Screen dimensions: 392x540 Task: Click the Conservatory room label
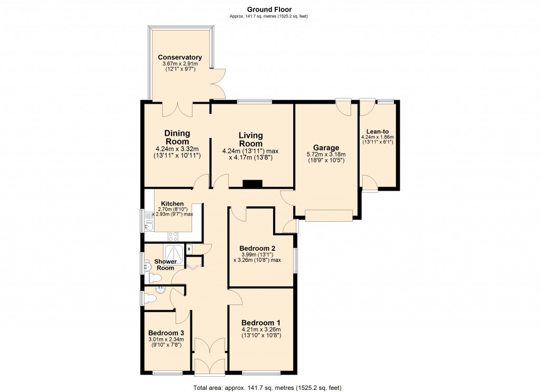pos(180,57)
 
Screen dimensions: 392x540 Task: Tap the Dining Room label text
pos(177,137)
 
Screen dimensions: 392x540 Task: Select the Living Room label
pos(250,140)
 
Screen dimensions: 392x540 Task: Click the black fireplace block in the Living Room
pos(252,184)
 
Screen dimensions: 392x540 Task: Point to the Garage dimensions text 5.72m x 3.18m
pos(326,154)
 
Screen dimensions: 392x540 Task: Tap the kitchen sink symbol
pos(148,226)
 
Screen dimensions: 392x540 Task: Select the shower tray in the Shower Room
pos(174,254)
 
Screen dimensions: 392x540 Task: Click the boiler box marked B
pos(189,249)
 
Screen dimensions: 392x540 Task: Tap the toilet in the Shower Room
pos(155,277)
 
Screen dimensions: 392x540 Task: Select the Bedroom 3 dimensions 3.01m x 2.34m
pos(166,340)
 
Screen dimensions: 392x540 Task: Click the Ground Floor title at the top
pos(269,9)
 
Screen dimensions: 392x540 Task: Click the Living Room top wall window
pos(255,101)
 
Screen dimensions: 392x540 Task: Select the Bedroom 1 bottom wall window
pos(261,373)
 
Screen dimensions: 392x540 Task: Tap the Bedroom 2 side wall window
pos(295,259)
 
